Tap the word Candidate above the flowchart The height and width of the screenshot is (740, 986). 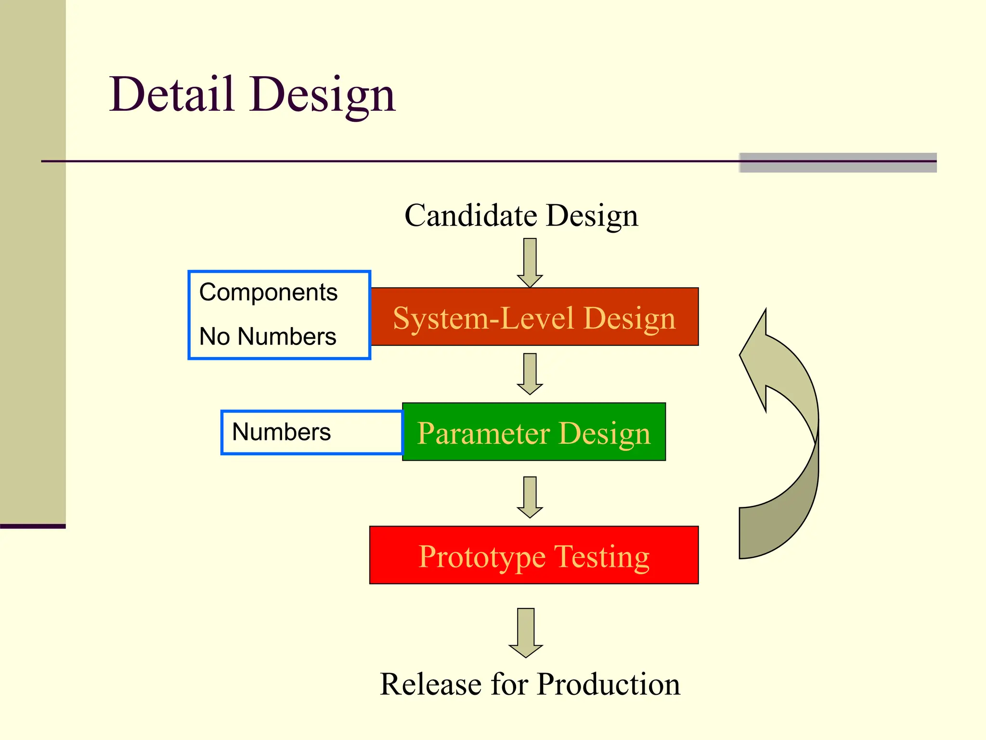[470, 215]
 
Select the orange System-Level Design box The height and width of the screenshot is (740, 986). [534, 317]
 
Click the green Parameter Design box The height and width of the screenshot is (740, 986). [534, 432]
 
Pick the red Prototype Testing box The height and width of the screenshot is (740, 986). [534, 555]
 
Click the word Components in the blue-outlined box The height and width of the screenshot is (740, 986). [268, 292]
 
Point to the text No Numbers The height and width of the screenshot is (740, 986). [268, 336]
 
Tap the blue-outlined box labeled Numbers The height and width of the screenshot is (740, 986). [311, 432]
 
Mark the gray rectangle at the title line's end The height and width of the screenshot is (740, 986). [838, 163]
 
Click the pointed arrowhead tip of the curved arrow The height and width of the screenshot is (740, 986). [765, 311]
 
